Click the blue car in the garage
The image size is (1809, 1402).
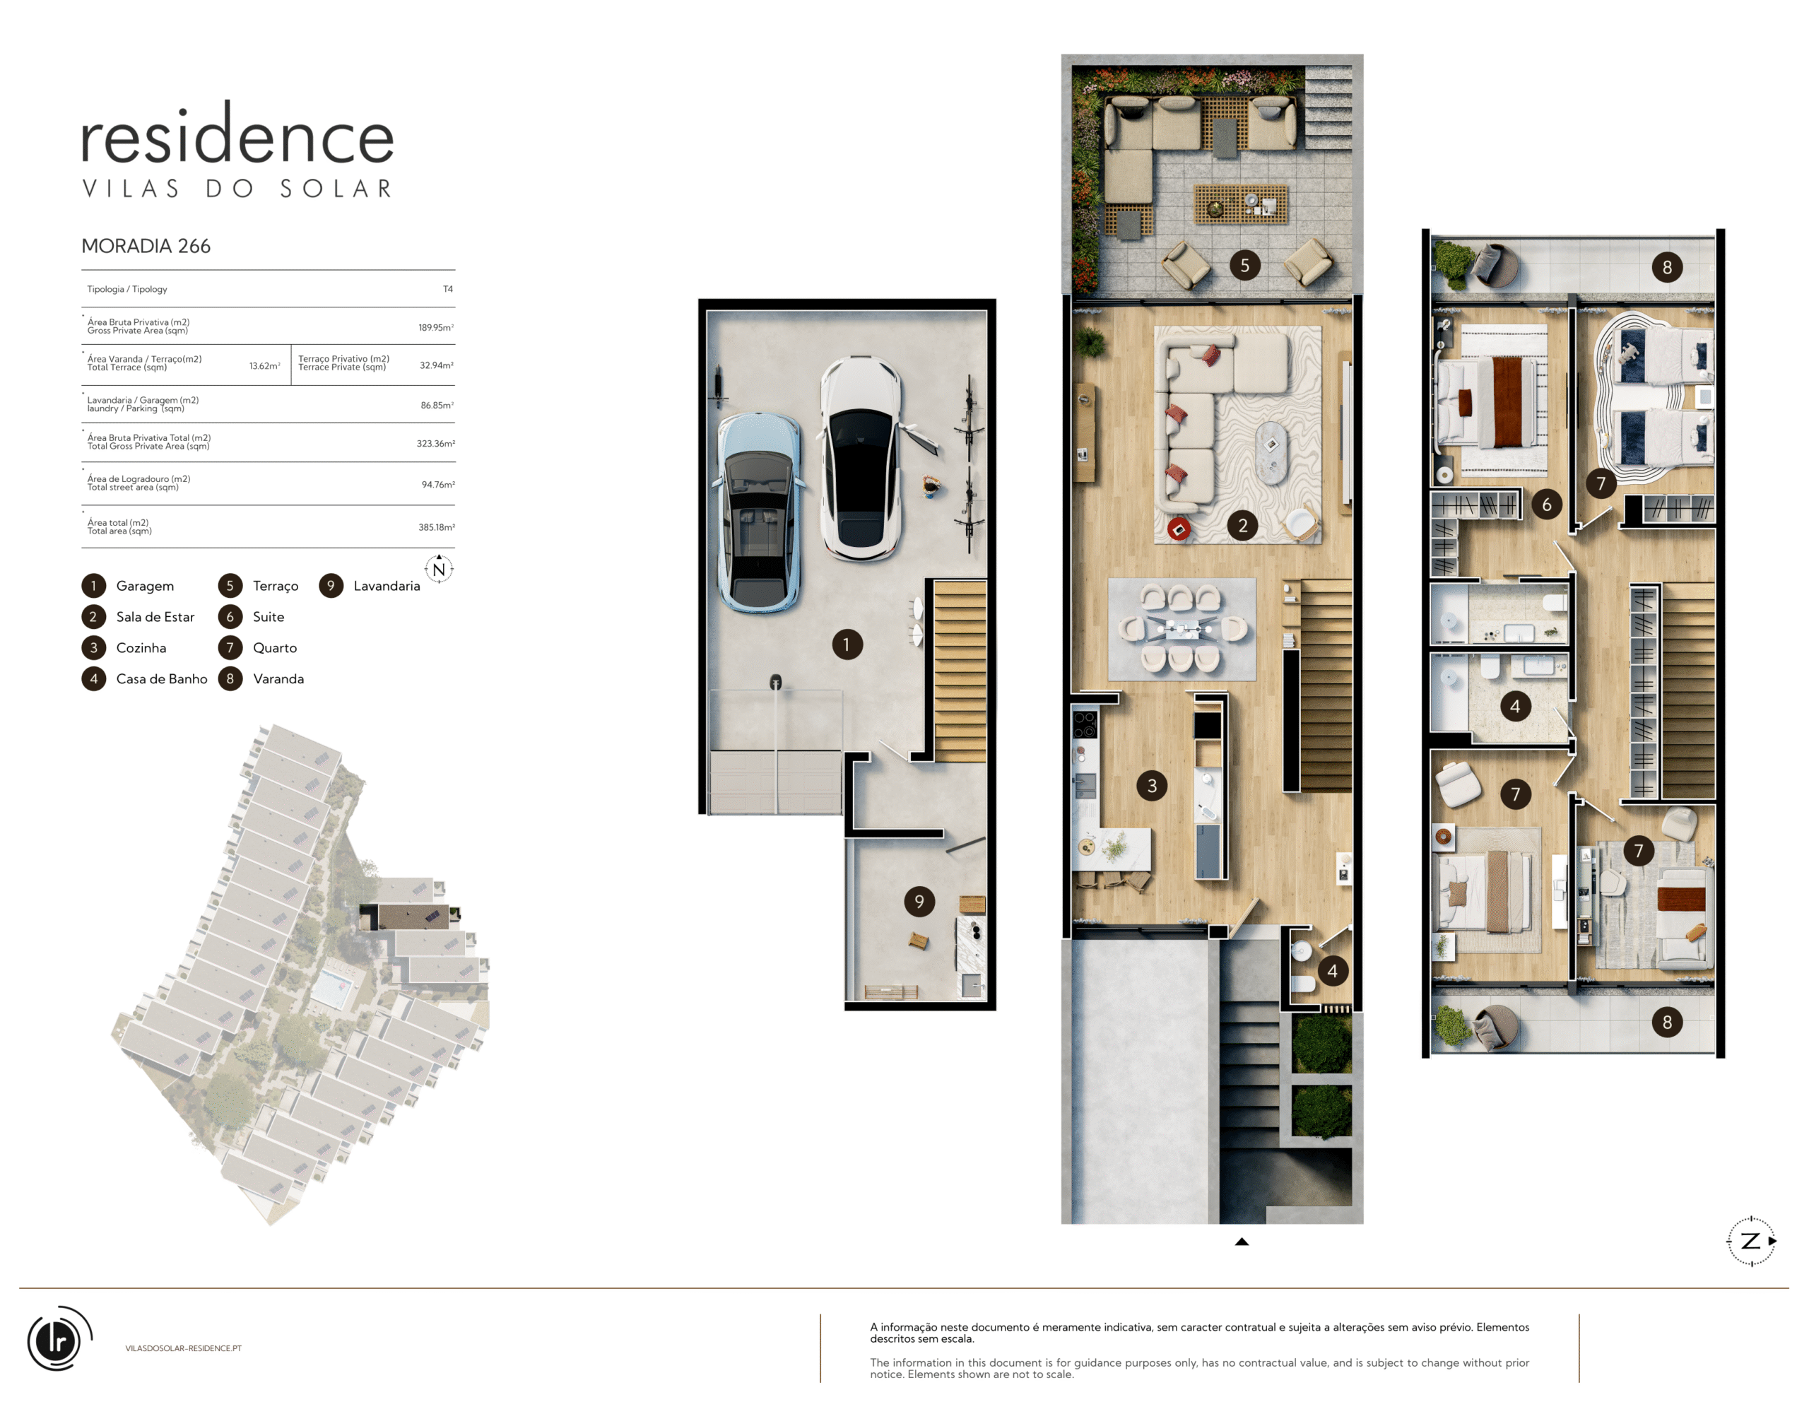758,512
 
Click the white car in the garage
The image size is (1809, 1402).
861,458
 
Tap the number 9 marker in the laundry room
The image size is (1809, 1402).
919,901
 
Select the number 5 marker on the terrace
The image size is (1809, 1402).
1244,265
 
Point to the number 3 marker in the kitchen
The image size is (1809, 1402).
1151,785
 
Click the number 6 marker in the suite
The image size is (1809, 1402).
1545,505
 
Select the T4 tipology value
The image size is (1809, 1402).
447,289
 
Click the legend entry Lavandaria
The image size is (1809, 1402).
387,586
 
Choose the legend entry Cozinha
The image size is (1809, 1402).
141,647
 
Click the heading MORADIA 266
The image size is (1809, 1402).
146,246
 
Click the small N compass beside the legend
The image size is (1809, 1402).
439,569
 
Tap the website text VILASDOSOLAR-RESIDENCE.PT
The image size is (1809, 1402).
183,1348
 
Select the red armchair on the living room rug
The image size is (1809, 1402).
1179,529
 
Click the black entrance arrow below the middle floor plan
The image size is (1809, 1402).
1242,1242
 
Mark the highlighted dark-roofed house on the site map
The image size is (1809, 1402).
412,917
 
